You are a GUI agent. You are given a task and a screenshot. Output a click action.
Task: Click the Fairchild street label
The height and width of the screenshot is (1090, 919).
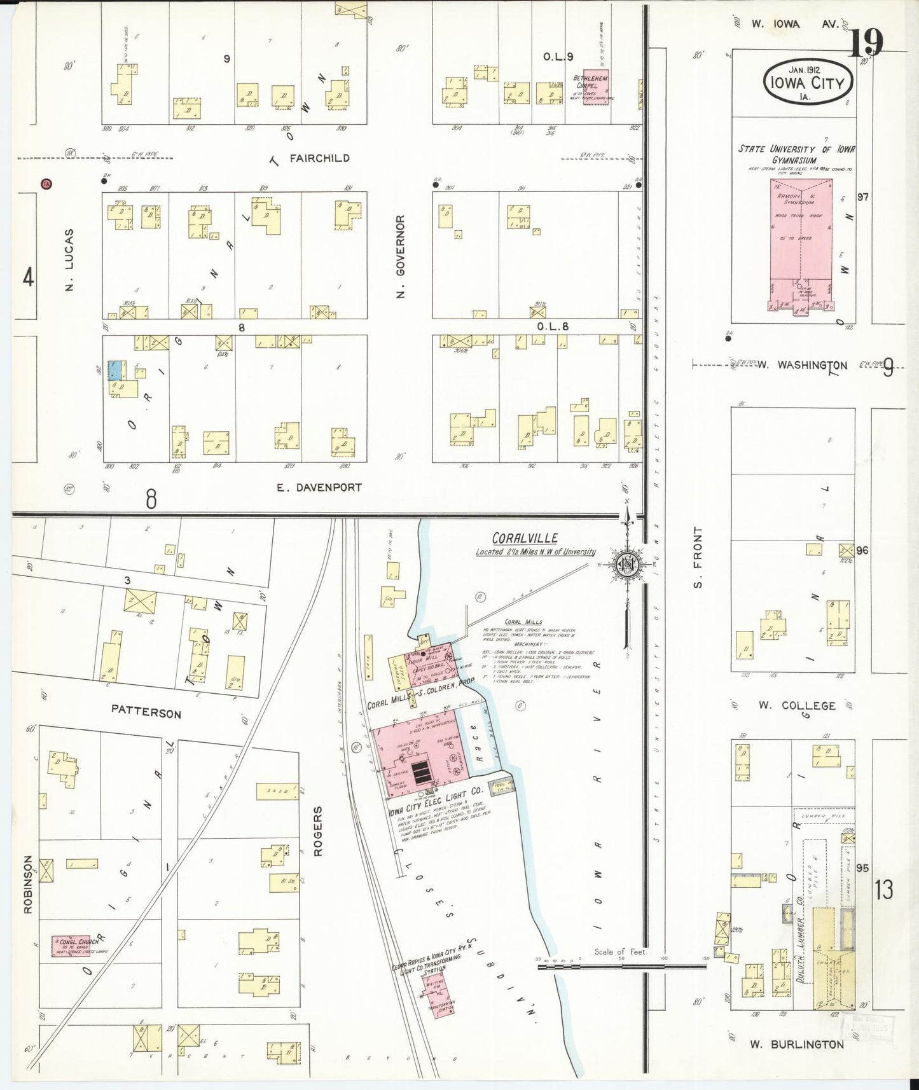tap(319, 158)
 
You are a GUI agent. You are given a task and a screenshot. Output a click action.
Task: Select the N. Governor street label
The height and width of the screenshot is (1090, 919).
tap(400, 256)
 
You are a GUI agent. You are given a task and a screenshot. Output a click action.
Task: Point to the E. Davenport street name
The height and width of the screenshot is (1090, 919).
tap(319, 488)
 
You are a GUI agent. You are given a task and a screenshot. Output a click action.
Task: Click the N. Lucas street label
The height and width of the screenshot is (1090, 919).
tap(70, 259)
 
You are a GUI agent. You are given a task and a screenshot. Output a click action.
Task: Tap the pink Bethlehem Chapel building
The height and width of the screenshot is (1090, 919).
tap(595, 87)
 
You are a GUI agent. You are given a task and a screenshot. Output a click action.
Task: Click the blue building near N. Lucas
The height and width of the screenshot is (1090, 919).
tap(116, 370)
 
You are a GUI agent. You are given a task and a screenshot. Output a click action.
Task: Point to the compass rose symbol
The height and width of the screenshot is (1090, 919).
tap(625, 565)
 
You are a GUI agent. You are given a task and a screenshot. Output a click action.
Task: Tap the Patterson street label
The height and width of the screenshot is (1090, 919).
tap(146, 712)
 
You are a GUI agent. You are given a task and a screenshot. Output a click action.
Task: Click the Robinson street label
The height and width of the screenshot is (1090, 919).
tap(27, 885)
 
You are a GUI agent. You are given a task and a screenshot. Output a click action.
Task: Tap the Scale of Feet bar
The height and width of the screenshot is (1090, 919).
tap(622, 967)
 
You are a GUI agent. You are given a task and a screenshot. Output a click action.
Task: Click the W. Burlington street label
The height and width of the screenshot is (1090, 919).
tap(797, 1044)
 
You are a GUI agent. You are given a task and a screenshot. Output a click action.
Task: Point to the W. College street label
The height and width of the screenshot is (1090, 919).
tap(796, 705)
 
